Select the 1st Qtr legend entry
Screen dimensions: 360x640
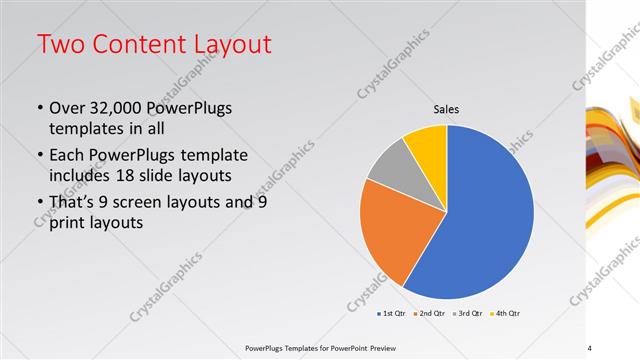click(391, 314)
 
